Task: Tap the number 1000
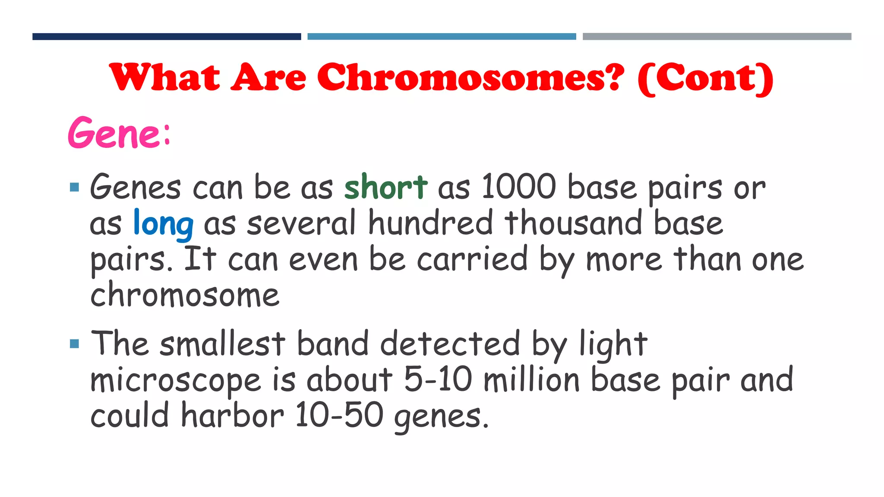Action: point(518,187)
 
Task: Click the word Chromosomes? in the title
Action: point(470,78)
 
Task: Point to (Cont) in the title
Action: point(705,79)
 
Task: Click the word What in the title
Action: point(164,78)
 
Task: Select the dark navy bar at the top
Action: point(167,37)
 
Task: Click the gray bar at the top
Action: point(717,37)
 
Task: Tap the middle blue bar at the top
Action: point(442,37)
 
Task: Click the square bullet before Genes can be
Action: point(74,187)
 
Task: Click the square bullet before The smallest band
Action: point(74,344)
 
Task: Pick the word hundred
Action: point(430,223)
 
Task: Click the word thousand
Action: point(573,223)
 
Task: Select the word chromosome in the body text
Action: point(185,296)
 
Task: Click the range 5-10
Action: point(438,380)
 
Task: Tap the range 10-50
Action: point(339,415)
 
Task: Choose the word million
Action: point(531,380)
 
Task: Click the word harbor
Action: point(232,415)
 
